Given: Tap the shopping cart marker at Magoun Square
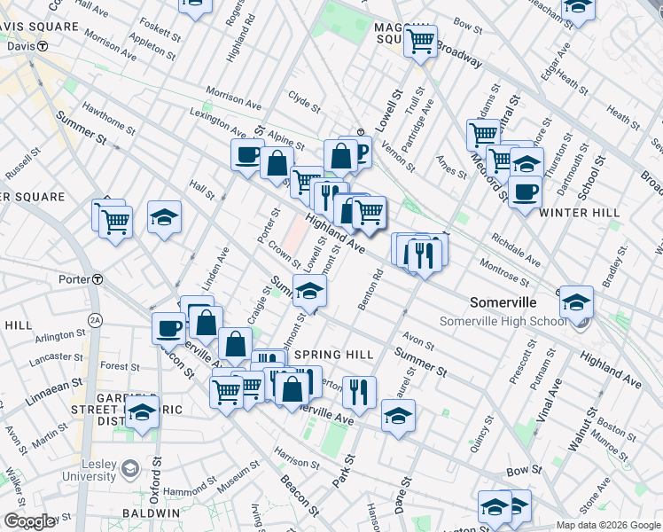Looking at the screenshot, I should click(x=421, y=40).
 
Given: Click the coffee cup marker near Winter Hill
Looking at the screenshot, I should click(x=525, y=191).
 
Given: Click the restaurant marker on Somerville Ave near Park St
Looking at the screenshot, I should click(x=359, y=391).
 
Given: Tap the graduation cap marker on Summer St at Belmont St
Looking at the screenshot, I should click(x=310, y=290).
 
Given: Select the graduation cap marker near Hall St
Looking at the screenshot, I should click(x=164, y=216).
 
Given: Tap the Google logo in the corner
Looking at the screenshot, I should click(x=30, y=521).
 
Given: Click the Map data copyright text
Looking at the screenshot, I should click(x=608, y=525).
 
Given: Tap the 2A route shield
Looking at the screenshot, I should click(x=96, y=318).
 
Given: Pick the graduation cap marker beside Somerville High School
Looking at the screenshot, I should click(x=576, y=301).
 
